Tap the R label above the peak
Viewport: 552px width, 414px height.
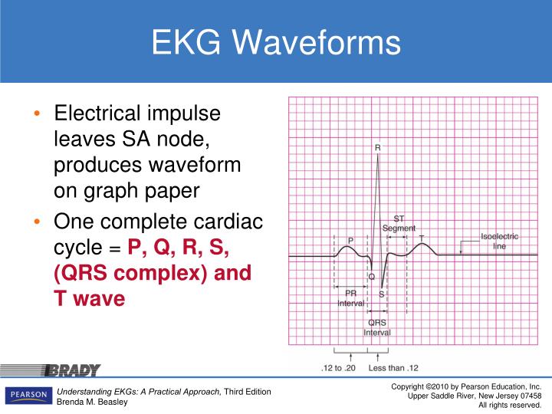coord(377,147)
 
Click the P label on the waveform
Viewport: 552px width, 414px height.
coord(350,241)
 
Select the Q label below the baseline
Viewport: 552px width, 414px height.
coord(372,277)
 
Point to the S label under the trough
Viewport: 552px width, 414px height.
coord(382,294)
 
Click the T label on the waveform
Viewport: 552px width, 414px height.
coord(421,238)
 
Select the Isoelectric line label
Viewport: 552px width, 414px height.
coord(499,242)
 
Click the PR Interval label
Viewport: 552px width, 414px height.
coord(351,298)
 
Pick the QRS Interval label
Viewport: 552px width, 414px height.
coord(377,327)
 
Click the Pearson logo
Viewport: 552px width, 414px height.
coord(27,396)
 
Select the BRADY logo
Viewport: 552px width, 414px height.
coord(72,371)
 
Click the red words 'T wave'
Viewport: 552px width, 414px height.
coord(89,298)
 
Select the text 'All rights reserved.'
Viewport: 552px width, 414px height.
coord(510,405)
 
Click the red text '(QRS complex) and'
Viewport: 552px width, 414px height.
coord(152,273)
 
